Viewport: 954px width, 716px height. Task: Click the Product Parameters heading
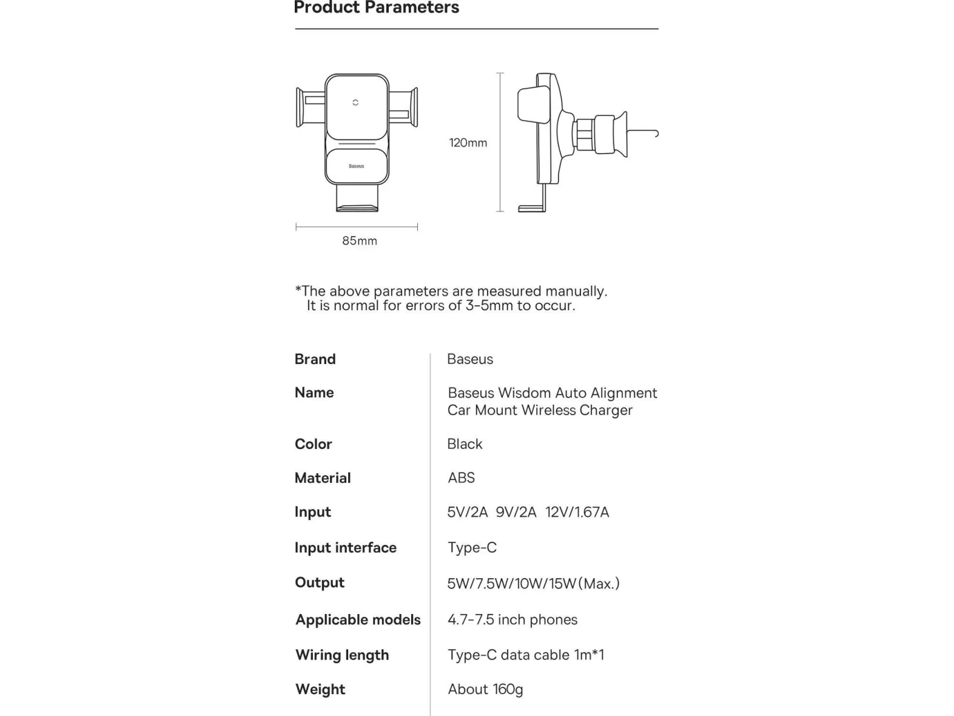pyautogui.click(x=376, y=8)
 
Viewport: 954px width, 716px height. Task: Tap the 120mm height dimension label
pyautogui.click(x=468, y=143)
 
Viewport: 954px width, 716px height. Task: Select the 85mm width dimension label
pyautogui.click(x=359, y=241)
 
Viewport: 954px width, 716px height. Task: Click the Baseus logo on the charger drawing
pyautogui.click(x=356, y=166)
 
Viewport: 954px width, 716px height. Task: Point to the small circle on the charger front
pyautogui.click(x=356, y=103)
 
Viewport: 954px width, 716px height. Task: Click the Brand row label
pyautogui.click(x=315, y=359)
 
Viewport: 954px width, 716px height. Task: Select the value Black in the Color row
pyautogui.click(x=465, y=444)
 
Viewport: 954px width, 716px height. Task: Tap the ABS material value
pyautogui.click(x=461, y=478)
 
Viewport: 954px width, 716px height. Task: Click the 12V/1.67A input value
pyautogui.click(x=577, y=512)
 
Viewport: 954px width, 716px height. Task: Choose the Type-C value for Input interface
pyautogui.click(x=472, y=548)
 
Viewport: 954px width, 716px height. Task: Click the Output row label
pyautogui.click(x=320, y=583)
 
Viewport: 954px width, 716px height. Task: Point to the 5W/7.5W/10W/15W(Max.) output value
pyautogui.click(x=533, y=584)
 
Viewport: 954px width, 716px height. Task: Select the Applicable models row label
pyautogui.click(x=358, y=620)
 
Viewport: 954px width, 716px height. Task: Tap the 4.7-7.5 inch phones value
pyautogui.click(x=512, y=620)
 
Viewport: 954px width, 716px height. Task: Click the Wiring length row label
pyautogui.click(x=342, y=655)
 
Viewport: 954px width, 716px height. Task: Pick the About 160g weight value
pyautogui.click(x=485, y=689)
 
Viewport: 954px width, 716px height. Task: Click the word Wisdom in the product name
pyautogui.click(x=524, y=393)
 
